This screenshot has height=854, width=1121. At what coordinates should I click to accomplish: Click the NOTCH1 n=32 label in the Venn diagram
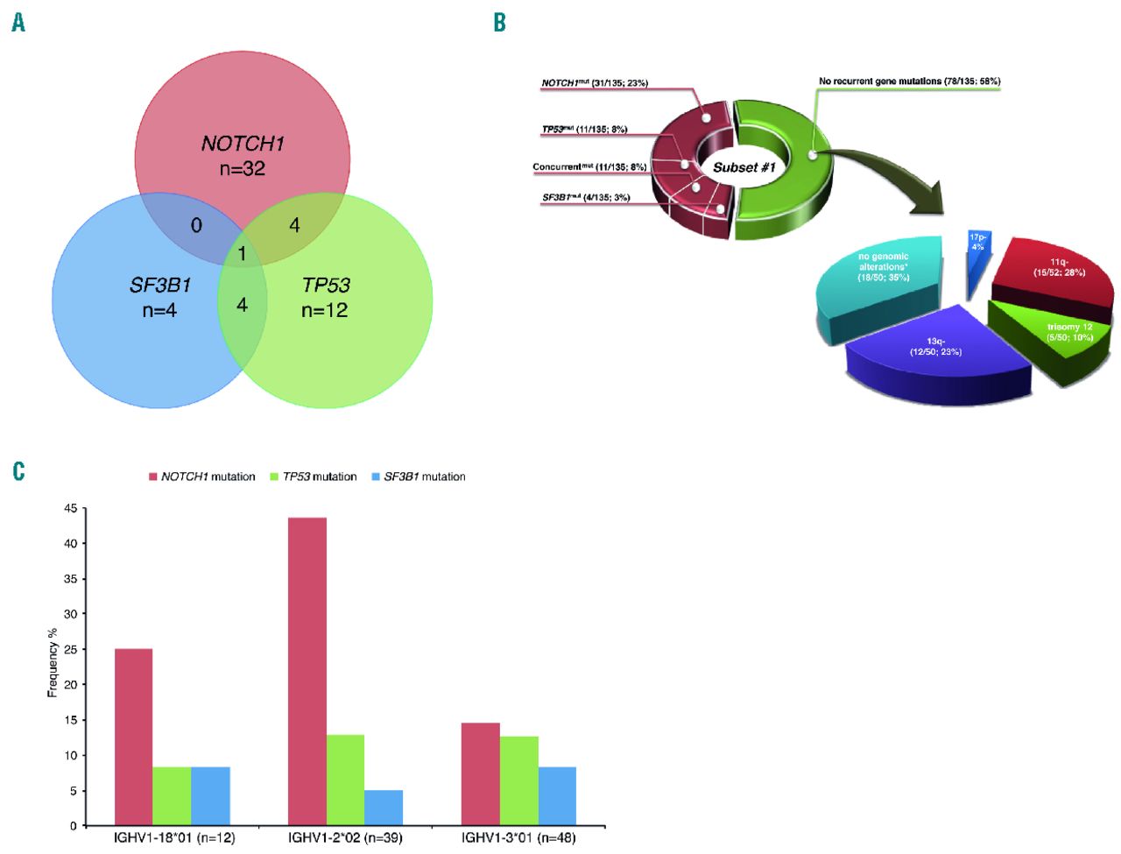click(243, 156)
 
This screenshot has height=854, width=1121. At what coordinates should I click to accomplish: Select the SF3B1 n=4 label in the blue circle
click(159, 297)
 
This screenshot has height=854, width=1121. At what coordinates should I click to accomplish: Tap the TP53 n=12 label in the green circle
click(325, 297)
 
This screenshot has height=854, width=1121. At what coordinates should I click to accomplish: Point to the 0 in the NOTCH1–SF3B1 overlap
click(196, 225)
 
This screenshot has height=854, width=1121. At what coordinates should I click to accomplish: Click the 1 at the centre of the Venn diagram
click(242, 255)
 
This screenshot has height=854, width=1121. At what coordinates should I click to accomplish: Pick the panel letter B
click(499, 23)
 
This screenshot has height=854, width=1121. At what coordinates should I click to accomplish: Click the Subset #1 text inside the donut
click(744, 167)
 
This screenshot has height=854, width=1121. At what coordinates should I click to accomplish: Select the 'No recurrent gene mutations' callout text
click(909, 81)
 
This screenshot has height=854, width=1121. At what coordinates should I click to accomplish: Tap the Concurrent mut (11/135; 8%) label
click(589, 166)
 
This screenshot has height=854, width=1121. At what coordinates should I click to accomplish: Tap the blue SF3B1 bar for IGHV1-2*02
click(384, 808)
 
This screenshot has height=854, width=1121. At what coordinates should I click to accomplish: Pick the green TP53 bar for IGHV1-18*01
click(172, 796)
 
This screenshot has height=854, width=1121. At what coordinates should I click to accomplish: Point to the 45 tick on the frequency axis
click(70, 509)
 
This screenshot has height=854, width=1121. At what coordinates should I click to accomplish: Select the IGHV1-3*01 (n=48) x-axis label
click(518, 838)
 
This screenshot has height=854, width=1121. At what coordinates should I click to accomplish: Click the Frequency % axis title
click(53, 662)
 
